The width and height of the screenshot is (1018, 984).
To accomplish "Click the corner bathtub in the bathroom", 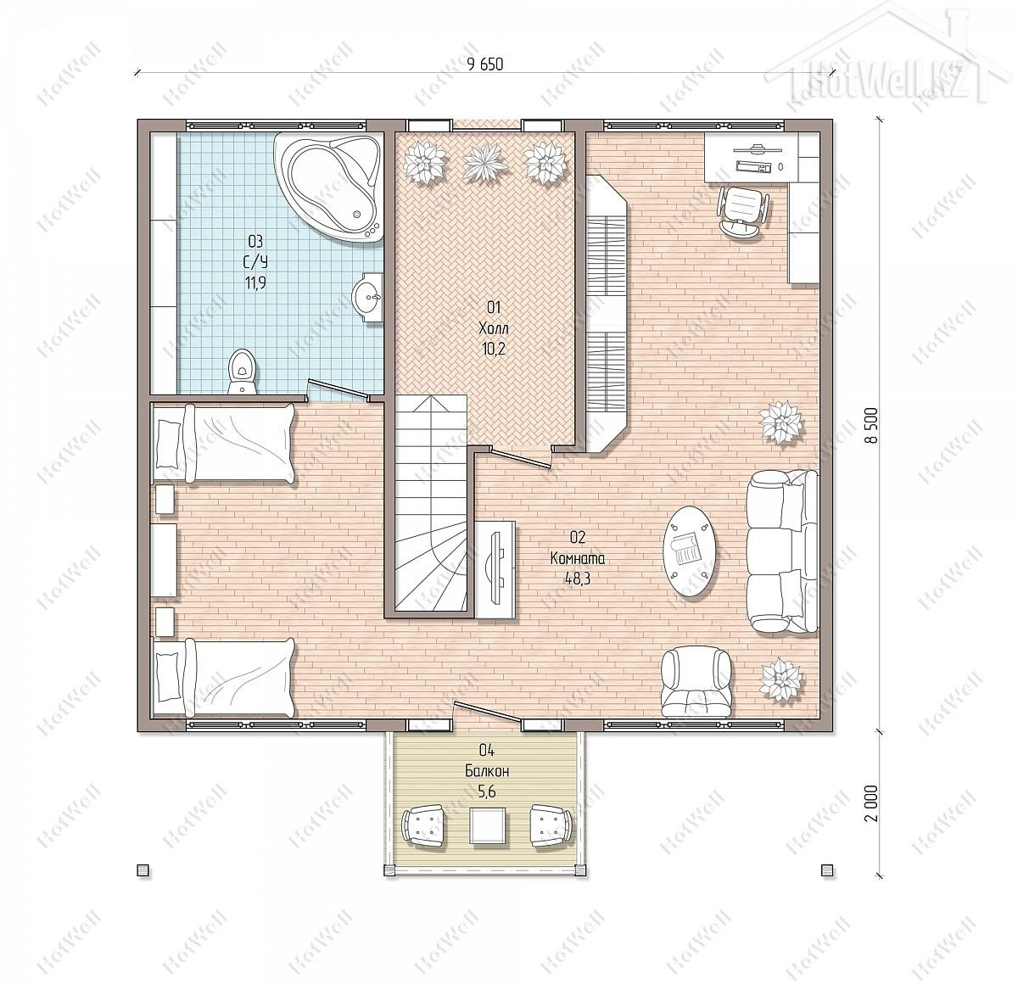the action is point(329,187).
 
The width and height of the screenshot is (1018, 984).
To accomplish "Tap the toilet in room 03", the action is point(243,371).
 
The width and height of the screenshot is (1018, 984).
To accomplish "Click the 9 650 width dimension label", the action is point(485,64).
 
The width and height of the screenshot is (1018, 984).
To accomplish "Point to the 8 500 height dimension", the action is point(872,425).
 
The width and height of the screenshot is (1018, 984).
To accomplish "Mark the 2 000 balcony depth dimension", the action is point(872,819).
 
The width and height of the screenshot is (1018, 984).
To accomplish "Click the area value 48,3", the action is point(578,578).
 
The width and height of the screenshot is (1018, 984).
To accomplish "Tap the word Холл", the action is point(494,329).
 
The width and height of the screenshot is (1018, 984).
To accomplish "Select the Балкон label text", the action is point(487,771).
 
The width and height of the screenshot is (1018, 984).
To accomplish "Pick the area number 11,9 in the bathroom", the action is point(255,283).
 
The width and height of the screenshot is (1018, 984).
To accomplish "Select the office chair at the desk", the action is point(744,212).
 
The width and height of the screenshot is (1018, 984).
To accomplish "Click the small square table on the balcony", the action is point(488,825).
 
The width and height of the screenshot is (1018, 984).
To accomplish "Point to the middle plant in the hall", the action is point(485,163).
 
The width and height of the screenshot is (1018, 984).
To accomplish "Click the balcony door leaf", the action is point(488,713).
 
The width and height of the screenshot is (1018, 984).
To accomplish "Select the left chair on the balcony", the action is point(423,825).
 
